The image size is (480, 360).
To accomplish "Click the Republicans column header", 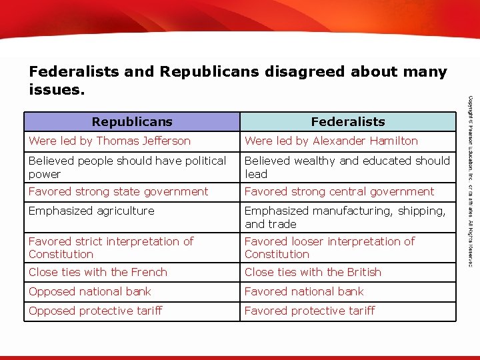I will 132,121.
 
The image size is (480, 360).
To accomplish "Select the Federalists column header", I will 348,121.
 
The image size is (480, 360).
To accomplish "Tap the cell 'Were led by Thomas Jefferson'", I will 110,141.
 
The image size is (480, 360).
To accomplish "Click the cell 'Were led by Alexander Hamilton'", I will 331,141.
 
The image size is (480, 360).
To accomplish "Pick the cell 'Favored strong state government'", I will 119,191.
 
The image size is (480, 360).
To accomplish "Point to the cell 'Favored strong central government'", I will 339,191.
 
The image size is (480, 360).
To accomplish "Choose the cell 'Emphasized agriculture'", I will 91,211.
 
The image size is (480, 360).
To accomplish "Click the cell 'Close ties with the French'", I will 98,272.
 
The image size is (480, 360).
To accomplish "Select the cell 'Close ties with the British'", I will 313,272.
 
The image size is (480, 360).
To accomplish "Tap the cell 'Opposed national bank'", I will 90,291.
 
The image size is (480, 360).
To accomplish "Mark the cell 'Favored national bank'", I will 305,291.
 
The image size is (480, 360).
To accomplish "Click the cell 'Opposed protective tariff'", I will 95,311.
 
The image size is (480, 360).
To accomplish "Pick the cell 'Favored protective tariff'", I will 310,311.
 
